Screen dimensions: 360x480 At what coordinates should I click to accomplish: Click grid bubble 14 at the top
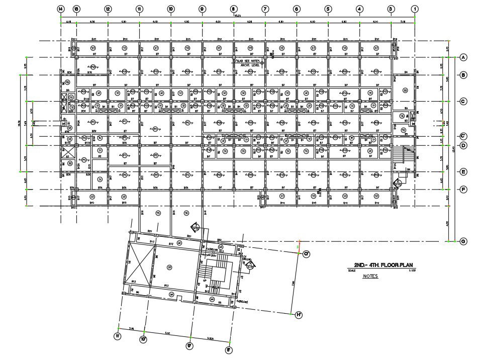click(60, 9)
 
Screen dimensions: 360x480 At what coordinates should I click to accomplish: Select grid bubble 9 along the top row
click(202, 9)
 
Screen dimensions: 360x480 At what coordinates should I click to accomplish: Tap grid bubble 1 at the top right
click(415, 9)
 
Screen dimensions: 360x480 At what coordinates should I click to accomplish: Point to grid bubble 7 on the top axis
click(265, 9)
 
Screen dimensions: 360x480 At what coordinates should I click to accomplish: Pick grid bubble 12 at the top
click(108, 9)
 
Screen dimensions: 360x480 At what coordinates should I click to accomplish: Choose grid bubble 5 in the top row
click(328, 9)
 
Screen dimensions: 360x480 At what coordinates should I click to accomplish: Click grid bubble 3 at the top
click(391, 9)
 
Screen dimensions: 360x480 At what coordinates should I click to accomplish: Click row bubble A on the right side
click(463, 57)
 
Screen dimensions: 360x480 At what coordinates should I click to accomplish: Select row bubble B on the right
click(463, 75)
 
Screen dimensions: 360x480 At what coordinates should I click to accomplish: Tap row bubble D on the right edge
click(463, 145)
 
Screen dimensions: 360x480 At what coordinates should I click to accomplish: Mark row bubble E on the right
click(463, 171)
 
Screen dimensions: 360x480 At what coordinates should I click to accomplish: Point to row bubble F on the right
click(463, 189)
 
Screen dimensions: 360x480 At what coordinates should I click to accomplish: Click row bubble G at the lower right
click(463, 241)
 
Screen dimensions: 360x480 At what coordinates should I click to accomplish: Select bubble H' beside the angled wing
click(299, 315)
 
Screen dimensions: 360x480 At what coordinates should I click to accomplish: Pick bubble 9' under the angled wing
click(190, 346)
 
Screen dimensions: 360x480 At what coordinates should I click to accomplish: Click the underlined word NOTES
click(370, 276)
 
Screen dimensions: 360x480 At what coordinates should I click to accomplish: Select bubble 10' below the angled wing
click(143, 339)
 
